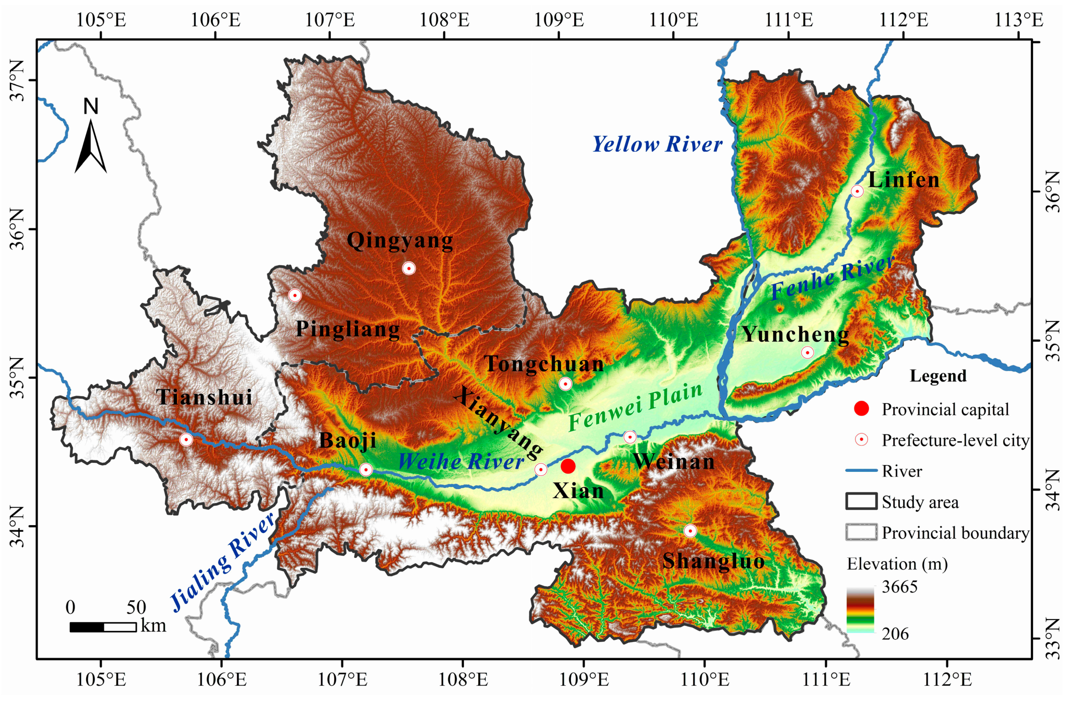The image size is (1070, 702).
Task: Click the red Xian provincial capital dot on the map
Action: (x=568, y=466)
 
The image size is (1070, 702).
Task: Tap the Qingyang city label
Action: (x=400, y=241)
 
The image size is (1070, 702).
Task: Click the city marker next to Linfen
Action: (x=857, y=191)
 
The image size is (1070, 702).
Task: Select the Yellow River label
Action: (x=657, y=144)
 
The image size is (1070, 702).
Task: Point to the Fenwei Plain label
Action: (x=635, y=407)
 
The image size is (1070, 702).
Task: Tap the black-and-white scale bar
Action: (x=103, y=627)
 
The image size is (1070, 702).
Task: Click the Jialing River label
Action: (x=222, y=562)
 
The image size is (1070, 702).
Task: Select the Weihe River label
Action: (x=461, y=462)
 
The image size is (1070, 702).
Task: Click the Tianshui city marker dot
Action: (x=186, y=439)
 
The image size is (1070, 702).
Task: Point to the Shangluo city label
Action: (x=713, y=561)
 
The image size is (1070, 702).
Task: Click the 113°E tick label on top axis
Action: (x=1018, y=20)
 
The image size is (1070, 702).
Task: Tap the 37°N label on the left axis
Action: (x=17, y=80)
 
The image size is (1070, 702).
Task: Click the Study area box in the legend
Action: (x=861, y=501)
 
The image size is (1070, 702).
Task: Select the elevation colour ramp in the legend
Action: (x=860, y=610)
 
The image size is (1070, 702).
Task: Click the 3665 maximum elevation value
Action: (x=899, y=587)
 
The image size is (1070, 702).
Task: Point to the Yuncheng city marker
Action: (x=807, y=352)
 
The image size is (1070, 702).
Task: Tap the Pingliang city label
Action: (x=347, y=329)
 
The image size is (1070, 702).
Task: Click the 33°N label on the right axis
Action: (x=1053, y=639)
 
